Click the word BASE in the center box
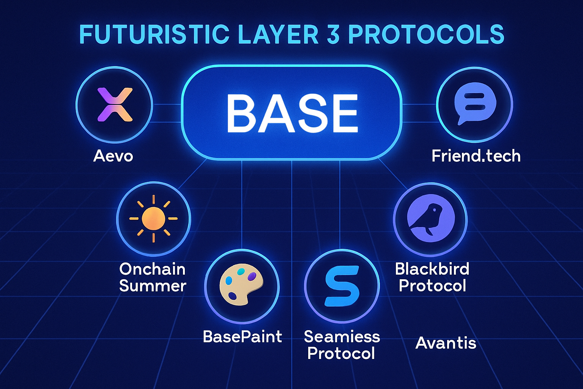291,113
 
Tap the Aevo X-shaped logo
115,104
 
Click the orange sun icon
153,218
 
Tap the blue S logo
342,286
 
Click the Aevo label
113,156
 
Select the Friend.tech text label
476,156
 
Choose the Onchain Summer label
153,277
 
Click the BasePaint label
242,337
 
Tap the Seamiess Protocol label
342,345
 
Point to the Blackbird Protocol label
432,277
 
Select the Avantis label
446,343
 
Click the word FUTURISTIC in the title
154,35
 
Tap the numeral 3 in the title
332,35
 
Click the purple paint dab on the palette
252,276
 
